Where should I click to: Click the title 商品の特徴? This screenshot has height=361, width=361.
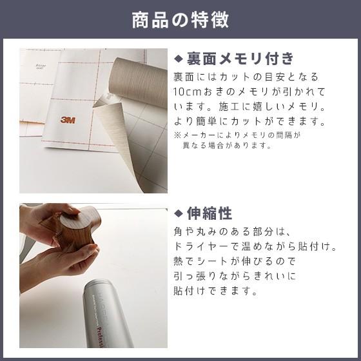[x=180, y=19]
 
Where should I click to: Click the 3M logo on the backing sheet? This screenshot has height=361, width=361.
[x=68, y=119]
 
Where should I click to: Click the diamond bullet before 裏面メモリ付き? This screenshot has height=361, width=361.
[x=179, y=59]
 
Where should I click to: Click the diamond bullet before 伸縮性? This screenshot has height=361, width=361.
[x=179, y=213]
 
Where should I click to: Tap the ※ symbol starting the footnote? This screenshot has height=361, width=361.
[x=177, y=135]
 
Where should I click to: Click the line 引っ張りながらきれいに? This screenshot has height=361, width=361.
[x=235, y=277]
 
